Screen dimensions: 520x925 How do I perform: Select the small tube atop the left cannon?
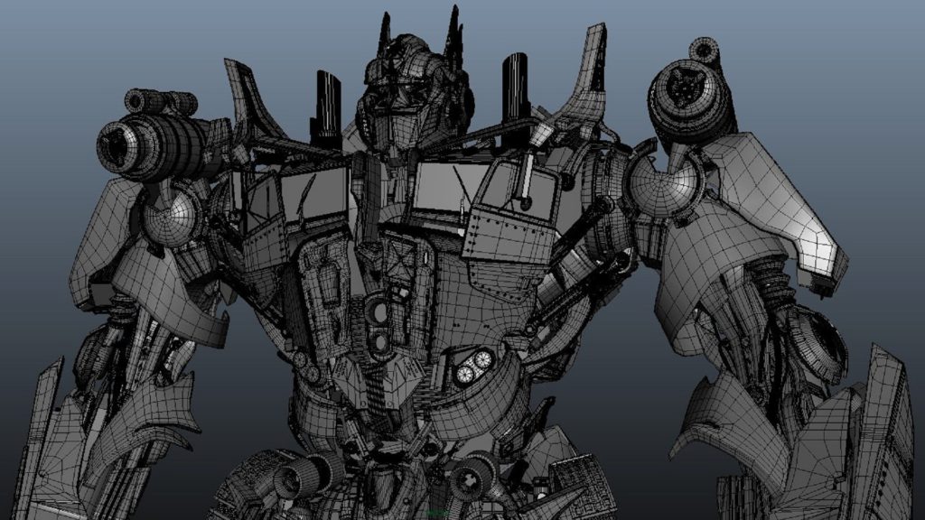tap(161, 102)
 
